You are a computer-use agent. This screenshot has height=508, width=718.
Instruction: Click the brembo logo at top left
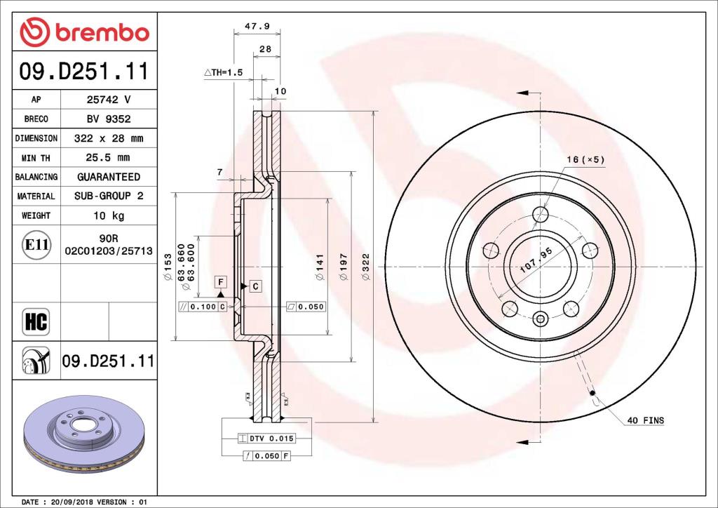click(84, 32)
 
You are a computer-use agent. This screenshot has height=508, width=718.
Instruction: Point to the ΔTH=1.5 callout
click(223, 72)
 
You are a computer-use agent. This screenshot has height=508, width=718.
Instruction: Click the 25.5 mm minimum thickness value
click(109, 158)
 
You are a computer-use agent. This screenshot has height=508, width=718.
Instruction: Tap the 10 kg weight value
click(109, 215)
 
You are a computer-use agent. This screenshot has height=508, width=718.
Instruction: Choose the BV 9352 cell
click(109, 119)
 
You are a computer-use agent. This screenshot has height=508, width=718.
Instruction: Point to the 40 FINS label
click(644, 420)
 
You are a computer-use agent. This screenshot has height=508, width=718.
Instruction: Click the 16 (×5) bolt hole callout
click(585, 159)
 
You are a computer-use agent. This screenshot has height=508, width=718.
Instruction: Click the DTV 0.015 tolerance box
click(266, 439)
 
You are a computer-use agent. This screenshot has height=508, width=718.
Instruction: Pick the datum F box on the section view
click(221, 282)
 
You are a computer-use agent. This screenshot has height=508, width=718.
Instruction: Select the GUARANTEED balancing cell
click(109, 177)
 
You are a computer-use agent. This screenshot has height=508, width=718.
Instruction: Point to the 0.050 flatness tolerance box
click(306, 307)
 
